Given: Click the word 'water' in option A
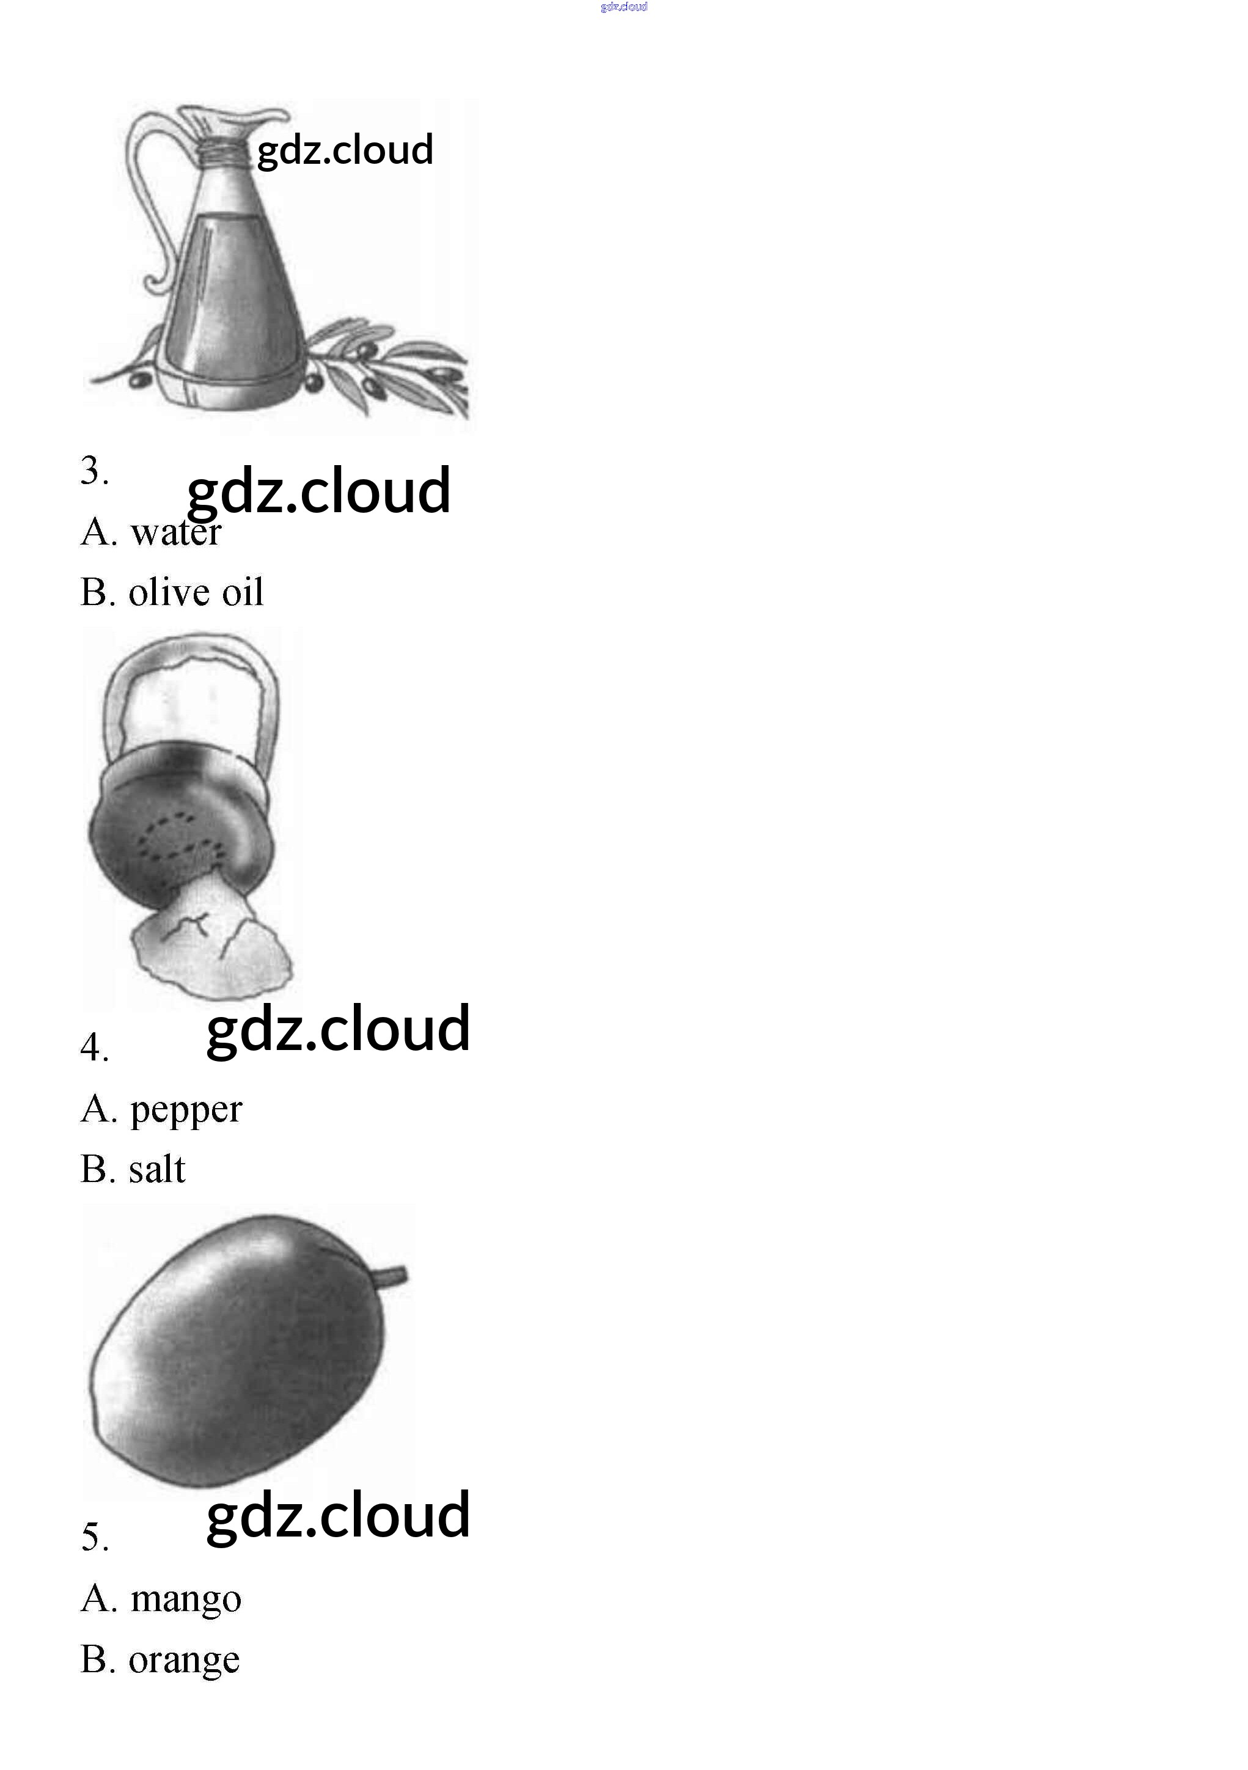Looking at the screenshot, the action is click(x=176, y=532).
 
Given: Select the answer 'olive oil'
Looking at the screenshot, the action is click(x=196, y=592).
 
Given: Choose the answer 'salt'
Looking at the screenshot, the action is click(x=156, y=1169).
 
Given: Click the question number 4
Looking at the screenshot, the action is click(x=94, y=1047).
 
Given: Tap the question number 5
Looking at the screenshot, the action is click(x=94, y=1537).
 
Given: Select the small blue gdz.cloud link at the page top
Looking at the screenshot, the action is click(x=623, y=7).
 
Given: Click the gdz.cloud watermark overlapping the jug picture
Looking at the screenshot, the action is click(x=345, y=151).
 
